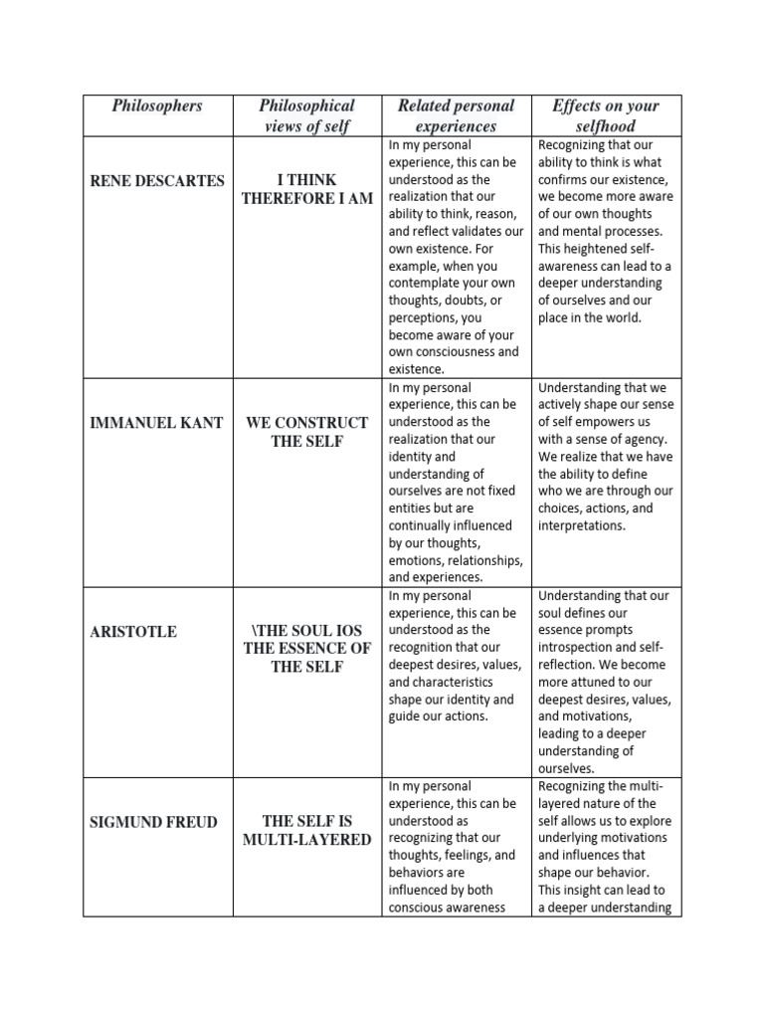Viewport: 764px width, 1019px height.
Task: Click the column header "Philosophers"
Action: [157, 105]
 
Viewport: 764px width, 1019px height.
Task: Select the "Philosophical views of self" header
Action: [306, 115]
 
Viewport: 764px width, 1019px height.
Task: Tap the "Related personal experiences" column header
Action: [456, 115]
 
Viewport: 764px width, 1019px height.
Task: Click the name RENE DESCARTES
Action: [157, 180]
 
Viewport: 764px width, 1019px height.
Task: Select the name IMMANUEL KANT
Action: [157, 423]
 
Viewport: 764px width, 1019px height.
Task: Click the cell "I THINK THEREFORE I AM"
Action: [306, 189]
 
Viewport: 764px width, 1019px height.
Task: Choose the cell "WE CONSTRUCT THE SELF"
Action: [306, 432]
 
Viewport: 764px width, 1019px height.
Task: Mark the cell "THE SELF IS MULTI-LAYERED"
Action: [306, 830]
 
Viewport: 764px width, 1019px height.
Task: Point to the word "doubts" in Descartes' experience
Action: [469, 300]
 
